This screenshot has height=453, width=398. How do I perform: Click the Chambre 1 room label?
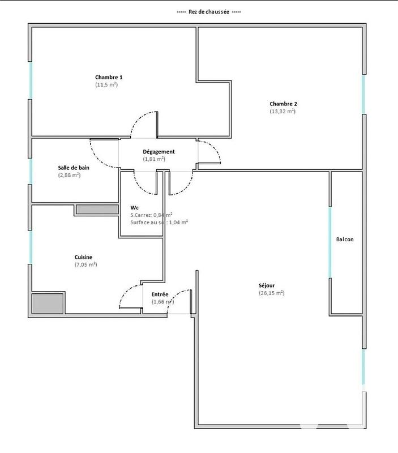point(109,77)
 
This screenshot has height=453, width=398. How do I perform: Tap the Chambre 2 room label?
point(283,104)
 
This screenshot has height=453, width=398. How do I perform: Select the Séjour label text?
point(267,285)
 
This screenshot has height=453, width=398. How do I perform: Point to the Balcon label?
point(345,240)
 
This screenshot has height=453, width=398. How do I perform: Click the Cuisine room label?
point(83,257)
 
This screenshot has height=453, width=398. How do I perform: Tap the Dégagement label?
point(159,152)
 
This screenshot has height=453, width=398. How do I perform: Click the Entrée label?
point(160,294)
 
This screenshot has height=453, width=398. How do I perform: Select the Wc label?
point(134,207)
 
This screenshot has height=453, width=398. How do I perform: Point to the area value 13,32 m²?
point(283,112)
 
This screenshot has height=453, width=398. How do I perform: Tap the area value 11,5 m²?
point(106,85)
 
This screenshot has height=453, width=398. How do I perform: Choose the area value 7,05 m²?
point(85,264)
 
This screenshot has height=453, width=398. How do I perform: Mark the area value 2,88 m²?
point(69,176)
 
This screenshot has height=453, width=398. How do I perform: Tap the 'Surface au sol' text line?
point(159,223)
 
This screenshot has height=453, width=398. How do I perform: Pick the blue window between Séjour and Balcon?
point(330,242)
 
